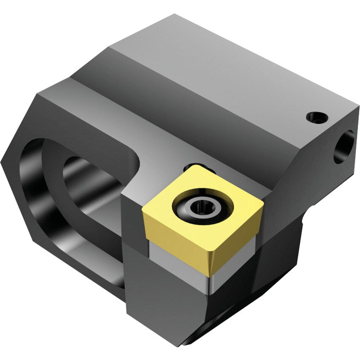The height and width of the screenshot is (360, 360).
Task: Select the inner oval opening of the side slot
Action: click(x=91, y=185)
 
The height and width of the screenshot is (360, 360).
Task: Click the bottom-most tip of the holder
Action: click(x=183, y=346)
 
